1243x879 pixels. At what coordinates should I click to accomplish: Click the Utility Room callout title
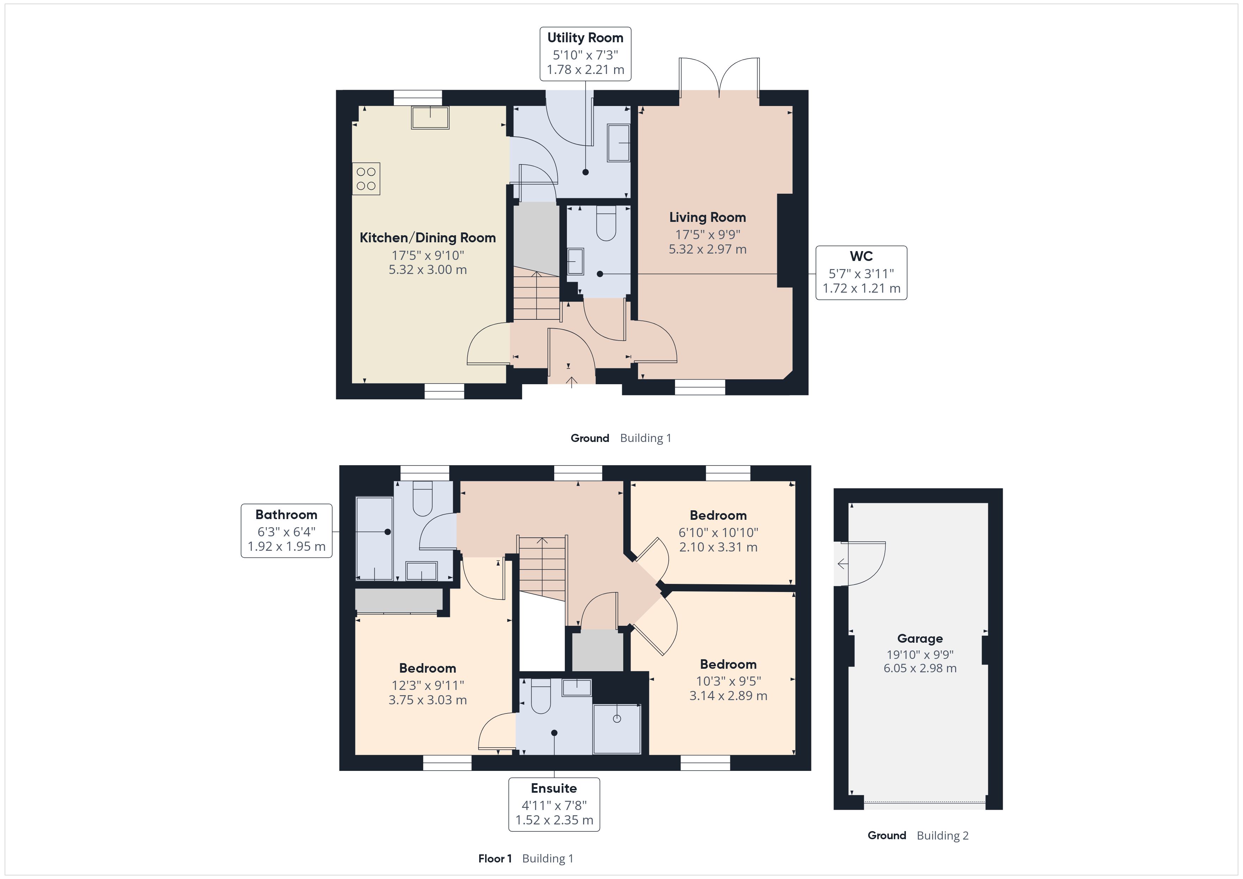pos(585,38)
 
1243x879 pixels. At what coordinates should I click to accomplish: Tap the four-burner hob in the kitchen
pos(366,179)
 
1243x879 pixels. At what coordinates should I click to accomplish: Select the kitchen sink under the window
pos(430,118)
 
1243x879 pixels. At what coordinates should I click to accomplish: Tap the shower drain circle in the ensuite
pos(617,719)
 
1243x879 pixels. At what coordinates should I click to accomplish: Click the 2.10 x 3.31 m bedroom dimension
pos(718,547)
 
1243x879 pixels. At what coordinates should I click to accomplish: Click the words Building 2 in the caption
pos(942,836)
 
